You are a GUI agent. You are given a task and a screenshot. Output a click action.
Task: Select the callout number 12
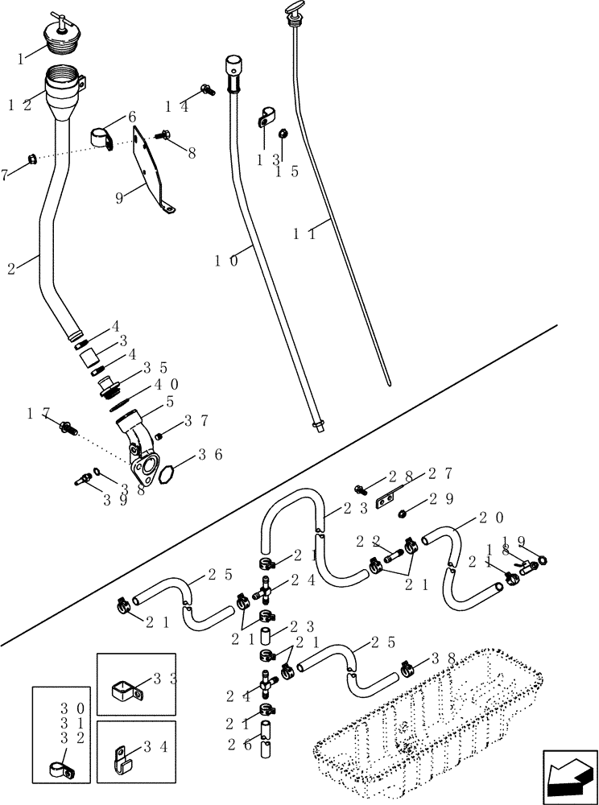22,105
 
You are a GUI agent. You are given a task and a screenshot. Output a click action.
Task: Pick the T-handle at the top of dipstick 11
292,10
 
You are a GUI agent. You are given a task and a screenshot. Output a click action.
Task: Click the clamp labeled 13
265,119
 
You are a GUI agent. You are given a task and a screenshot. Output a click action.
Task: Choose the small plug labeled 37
159,436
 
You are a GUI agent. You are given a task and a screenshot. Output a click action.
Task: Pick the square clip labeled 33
126,688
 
